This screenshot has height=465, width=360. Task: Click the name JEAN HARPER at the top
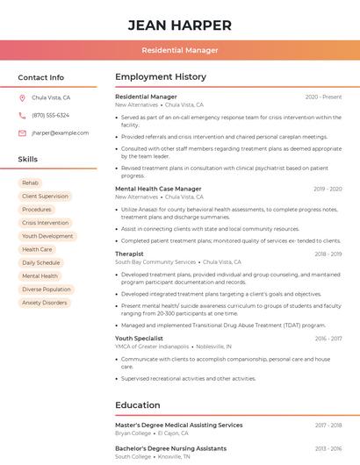[180, 25]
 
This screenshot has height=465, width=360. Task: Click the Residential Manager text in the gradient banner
[180, 50]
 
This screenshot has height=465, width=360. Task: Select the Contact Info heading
[41, 77]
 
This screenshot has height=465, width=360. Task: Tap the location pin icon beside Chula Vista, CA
[22, 98]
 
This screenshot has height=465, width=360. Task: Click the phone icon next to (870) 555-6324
[22, 116]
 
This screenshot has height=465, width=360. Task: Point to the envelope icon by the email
[22, 133]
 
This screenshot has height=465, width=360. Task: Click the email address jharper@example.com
[60, 133]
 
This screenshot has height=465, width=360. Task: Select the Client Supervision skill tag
[45, 197]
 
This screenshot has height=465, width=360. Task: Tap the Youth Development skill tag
[47, 236]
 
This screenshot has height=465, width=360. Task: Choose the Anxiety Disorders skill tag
[44, 303]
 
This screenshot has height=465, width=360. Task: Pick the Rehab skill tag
[30, 182]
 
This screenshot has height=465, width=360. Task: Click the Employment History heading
[161, 77]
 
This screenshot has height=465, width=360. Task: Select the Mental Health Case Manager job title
[158, 189]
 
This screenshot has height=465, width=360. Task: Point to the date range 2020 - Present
[323, 97]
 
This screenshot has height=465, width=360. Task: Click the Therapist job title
[129, 254]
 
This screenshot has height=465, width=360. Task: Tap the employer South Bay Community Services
[155, 262]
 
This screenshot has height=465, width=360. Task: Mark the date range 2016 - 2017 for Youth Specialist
[328, 339]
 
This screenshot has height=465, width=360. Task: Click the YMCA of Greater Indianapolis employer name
[152, 347]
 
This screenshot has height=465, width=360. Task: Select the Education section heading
[138, 405]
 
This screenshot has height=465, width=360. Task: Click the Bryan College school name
[133, 433]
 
